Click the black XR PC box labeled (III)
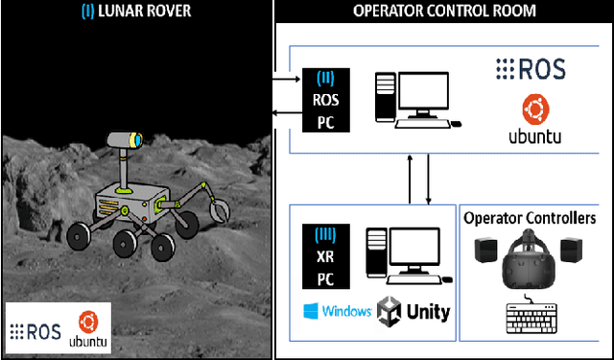point(323,257)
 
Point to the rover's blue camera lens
point(137,140)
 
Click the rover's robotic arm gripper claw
point(220,206)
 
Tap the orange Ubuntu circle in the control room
point(533,108)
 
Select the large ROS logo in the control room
point(531,69)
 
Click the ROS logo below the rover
point(36,331)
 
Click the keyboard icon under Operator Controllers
point(530,317)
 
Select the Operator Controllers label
point(530,218)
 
